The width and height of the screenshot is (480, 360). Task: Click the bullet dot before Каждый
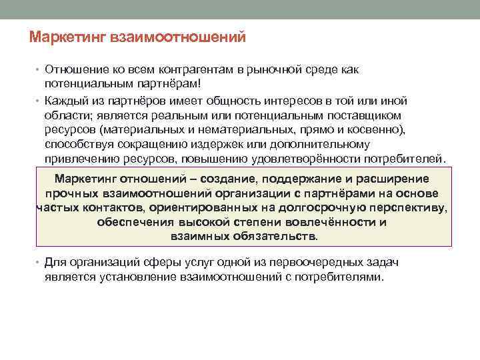[x=39, y=101]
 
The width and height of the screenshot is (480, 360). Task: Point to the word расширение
[x=389, y=179]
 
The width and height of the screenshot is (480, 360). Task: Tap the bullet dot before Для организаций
[x=39, y=263]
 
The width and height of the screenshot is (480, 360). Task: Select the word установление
[x=127, y=277]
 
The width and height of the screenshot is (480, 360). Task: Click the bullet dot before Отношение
[x=39, y=71]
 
